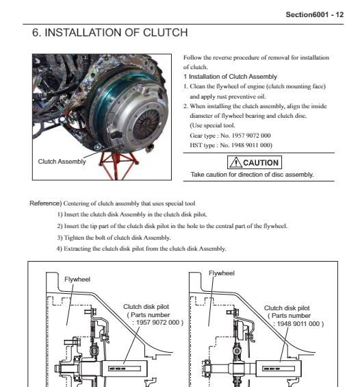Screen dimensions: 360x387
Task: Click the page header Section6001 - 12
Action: (314, 14)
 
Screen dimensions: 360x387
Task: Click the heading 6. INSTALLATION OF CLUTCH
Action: (110, 33)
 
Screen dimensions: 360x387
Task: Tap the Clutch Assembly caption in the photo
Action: (62, 162)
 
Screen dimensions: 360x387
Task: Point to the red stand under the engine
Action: (118, 164)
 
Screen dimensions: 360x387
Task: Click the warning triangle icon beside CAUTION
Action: (235, 162)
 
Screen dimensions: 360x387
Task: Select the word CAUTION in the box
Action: (261, 162)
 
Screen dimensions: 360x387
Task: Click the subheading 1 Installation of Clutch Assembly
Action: (230, 77)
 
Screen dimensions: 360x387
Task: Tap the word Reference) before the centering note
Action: (46, 203)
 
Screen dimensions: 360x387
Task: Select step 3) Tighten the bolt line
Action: (114, 238)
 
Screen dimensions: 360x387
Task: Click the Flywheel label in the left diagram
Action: (77, 279)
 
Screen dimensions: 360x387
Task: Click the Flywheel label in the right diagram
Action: (222, 273)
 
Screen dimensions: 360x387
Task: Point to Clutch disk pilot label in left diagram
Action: (146, 307)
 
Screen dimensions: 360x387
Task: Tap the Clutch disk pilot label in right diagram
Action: (287, 308)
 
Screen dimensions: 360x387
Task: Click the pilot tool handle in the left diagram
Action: (125, 369)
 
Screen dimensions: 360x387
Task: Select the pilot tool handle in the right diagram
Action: (279, 369)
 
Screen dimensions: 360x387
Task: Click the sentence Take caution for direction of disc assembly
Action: (252, 175)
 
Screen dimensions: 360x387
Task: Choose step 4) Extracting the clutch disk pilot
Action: (141, 249)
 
